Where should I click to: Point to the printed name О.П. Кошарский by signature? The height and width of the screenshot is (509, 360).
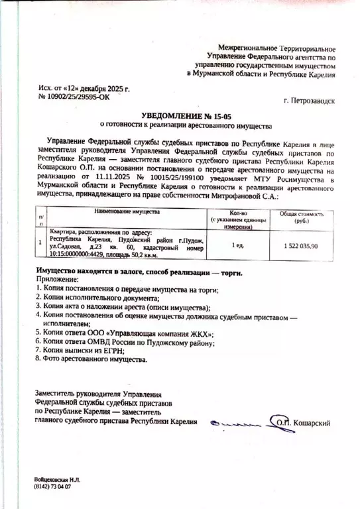pyautogui.click(x=304, y=422)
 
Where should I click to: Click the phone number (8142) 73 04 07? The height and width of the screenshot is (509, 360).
pyautogui.click(x=52, y=486)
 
